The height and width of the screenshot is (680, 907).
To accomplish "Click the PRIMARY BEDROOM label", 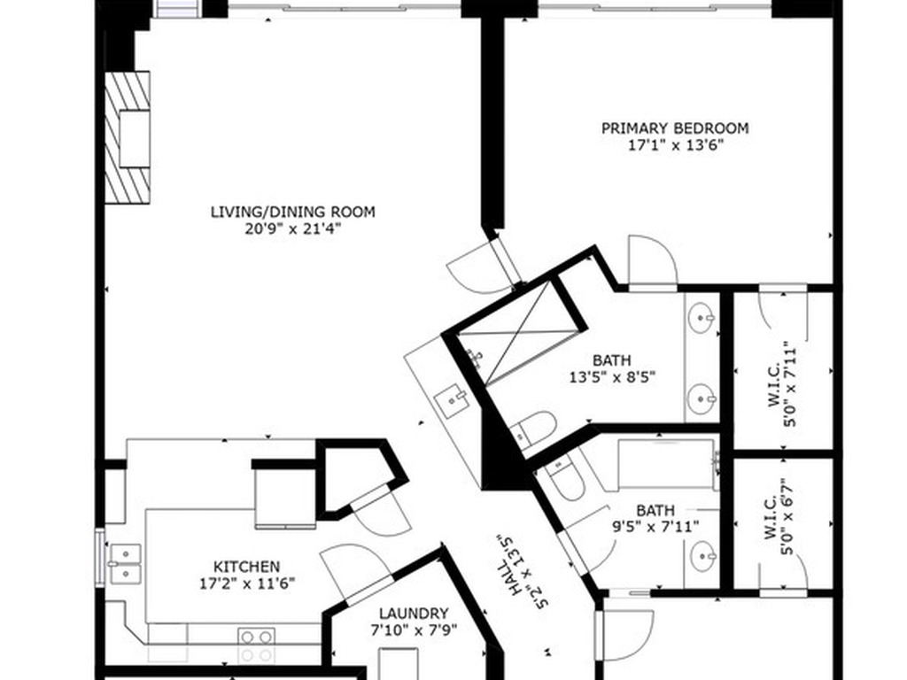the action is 675,127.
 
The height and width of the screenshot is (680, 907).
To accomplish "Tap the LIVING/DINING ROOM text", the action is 292,212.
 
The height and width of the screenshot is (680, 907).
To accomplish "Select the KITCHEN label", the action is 247,567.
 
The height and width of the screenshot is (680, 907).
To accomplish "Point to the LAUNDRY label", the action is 414,613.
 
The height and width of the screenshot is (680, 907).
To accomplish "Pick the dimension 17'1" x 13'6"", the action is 676,144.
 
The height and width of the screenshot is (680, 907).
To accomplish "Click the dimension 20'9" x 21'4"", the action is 292,229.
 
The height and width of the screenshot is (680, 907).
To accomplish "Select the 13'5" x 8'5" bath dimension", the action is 612,377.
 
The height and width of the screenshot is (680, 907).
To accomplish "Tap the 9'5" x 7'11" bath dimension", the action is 655,527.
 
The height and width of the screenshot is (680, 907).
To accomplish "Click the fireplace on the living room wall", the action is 128,137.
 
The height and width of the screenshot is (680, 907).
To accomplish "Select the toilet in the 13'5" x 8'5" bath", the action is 535,429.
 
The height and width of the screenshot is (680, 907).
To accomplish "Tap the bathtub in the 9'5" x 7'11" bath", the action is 666,464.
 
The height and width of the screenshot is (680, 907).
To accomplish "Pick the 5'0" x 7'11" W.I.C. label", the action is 782,384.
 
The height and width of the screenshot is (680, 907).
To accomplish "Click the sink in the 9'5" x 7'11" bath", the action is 702,556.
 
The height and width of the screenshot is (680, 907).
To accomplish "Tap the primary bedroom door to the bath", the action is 653,260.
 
